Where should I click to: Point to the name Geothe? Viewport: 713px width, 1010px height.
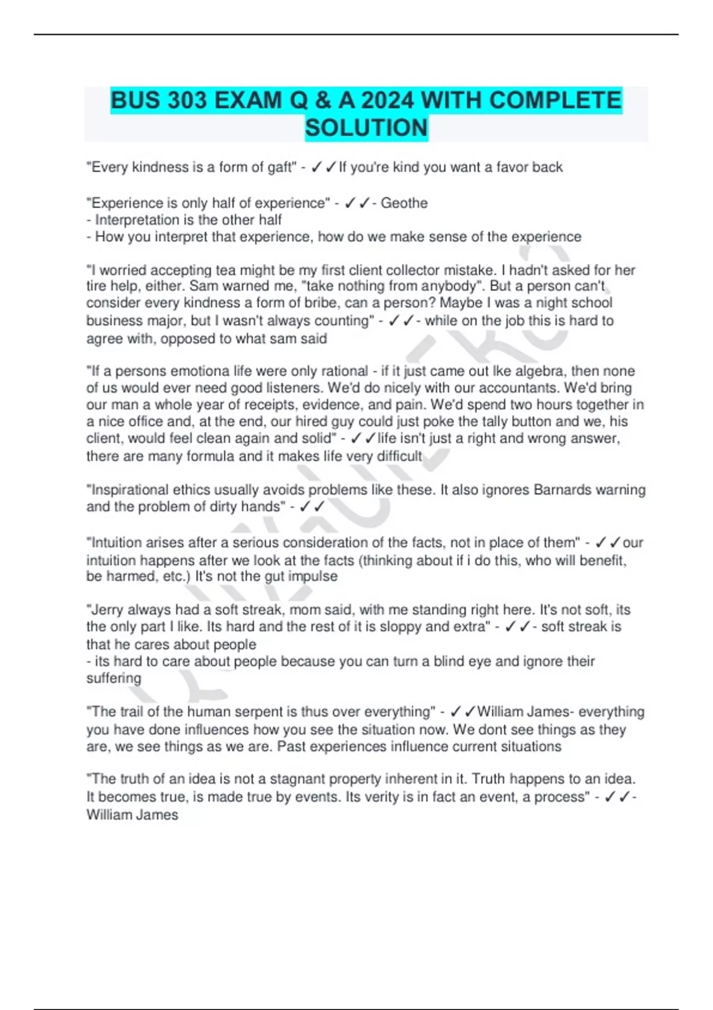[404, 203]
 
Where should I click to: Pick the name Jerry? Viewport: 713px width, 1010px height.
[106, 610]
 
